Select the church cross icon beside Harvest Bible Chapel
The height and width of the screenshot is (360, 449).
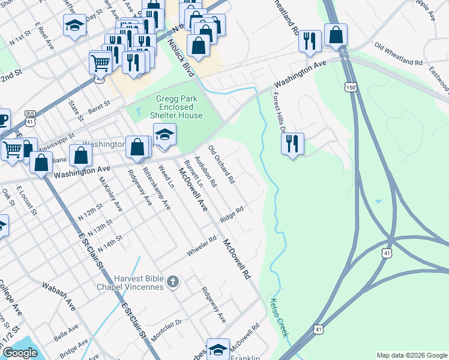point(172,281)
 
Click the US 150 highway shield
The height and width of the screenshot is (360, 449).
point(351,88)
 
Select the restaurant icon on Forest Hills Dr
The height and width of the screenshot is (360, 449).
point(292,143)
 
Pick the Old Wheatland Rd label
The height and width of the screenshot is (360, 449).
point(398,53)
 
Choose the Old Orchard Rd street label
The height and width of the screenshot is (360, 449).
point(221,164)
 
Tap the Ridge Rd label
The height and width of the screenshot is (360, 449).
point(231,214)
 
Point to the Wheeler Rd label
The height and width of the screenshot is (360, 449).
point(200,247)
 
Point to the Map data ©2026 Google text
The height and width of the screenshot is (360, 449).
point(411,355)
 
